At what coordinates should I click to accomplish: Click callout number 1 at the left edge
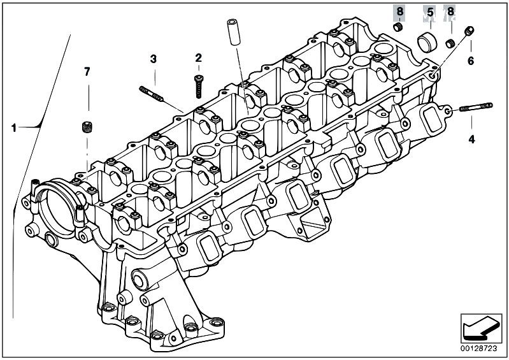click(13, 128)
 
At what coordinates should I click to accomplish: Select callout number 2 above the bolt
click(198, 58)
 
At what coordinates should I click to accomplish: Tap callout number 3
click(154, 59)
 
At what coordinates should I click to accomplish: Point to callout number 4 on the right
click(471, 140)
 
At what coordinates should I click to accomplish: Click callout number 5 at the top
click(430, 13)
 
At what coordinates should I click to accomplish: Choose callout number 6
click(471, 61)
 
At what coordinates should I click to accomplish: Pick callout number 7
click(87, 72)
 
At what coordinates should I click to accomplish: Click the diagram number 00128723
click(479, 349)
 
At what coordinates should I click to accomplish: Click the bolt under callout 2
click(198, 87)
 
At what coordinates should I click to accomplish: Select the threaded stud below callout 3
click(151, 94)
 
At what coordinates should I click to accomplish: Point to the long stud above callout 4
click(476, 107)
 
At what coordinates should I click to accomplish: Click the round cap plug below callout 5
click(427, 42)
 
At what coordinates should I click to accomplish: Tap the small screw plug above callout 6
click(469, 31)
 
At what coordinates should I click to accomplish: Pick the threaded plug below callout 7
click(87, 127)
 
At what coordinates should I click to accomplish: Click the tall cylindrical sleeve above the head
click(233, 32)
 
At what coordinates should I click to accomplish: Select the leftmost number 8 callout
click(399, 11)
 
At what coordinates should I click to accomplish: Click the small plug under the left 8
click(398, 27)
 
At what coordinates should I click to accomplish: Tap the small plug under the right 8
click(450, 43)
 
